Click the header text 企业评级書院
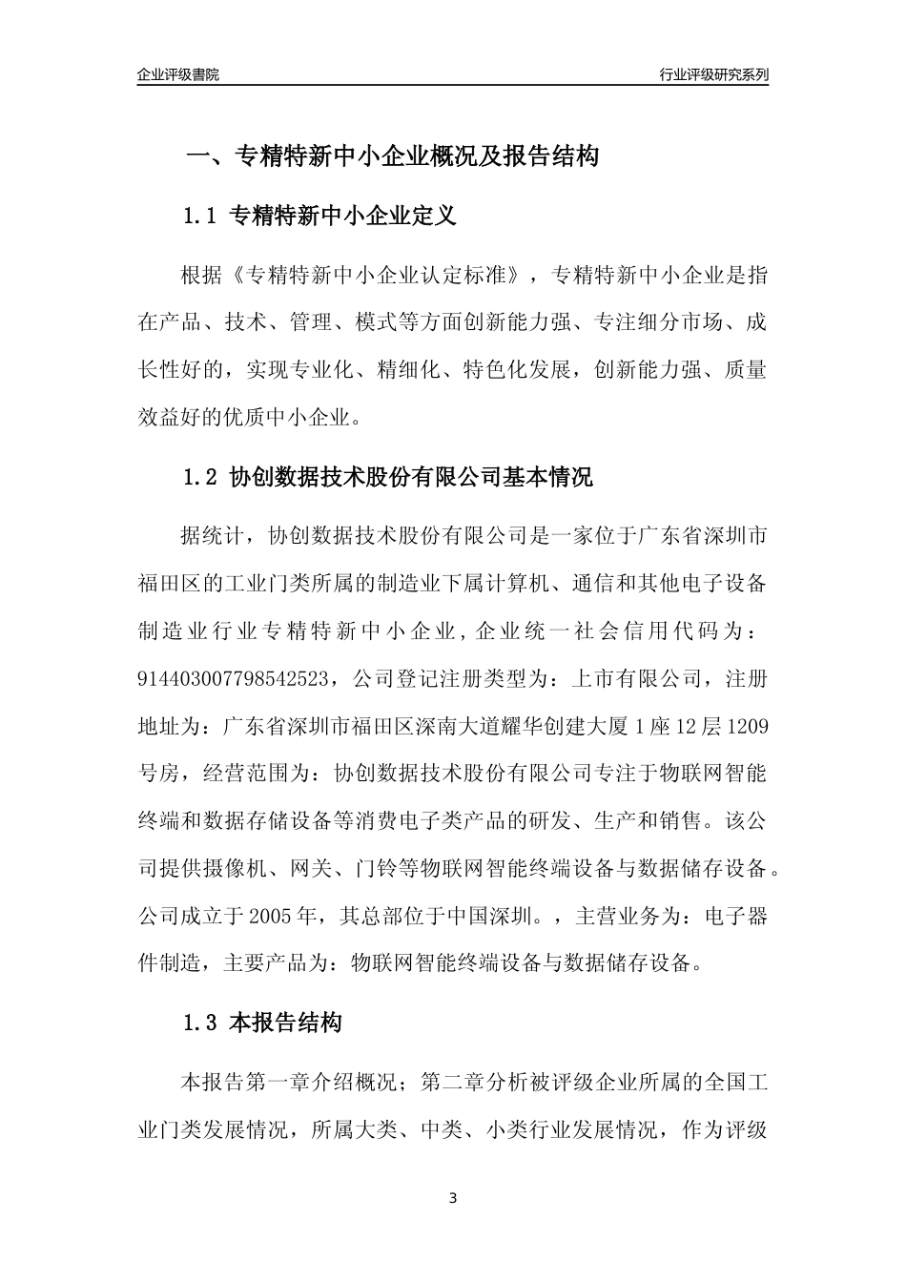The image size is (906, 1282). point(178,74)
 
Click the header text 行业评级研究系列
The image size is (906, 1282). point(713,74)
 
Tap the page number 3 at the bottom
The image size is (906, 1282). point(453,1197)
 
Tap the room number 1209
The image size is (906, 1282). point(747,727)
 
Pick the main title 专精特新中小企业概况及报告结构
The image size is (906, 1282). point(416,156)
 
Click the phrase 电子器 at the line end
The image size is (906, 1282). point(735,917)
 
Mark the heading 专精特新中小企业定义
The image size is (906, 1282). point(343,217)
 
